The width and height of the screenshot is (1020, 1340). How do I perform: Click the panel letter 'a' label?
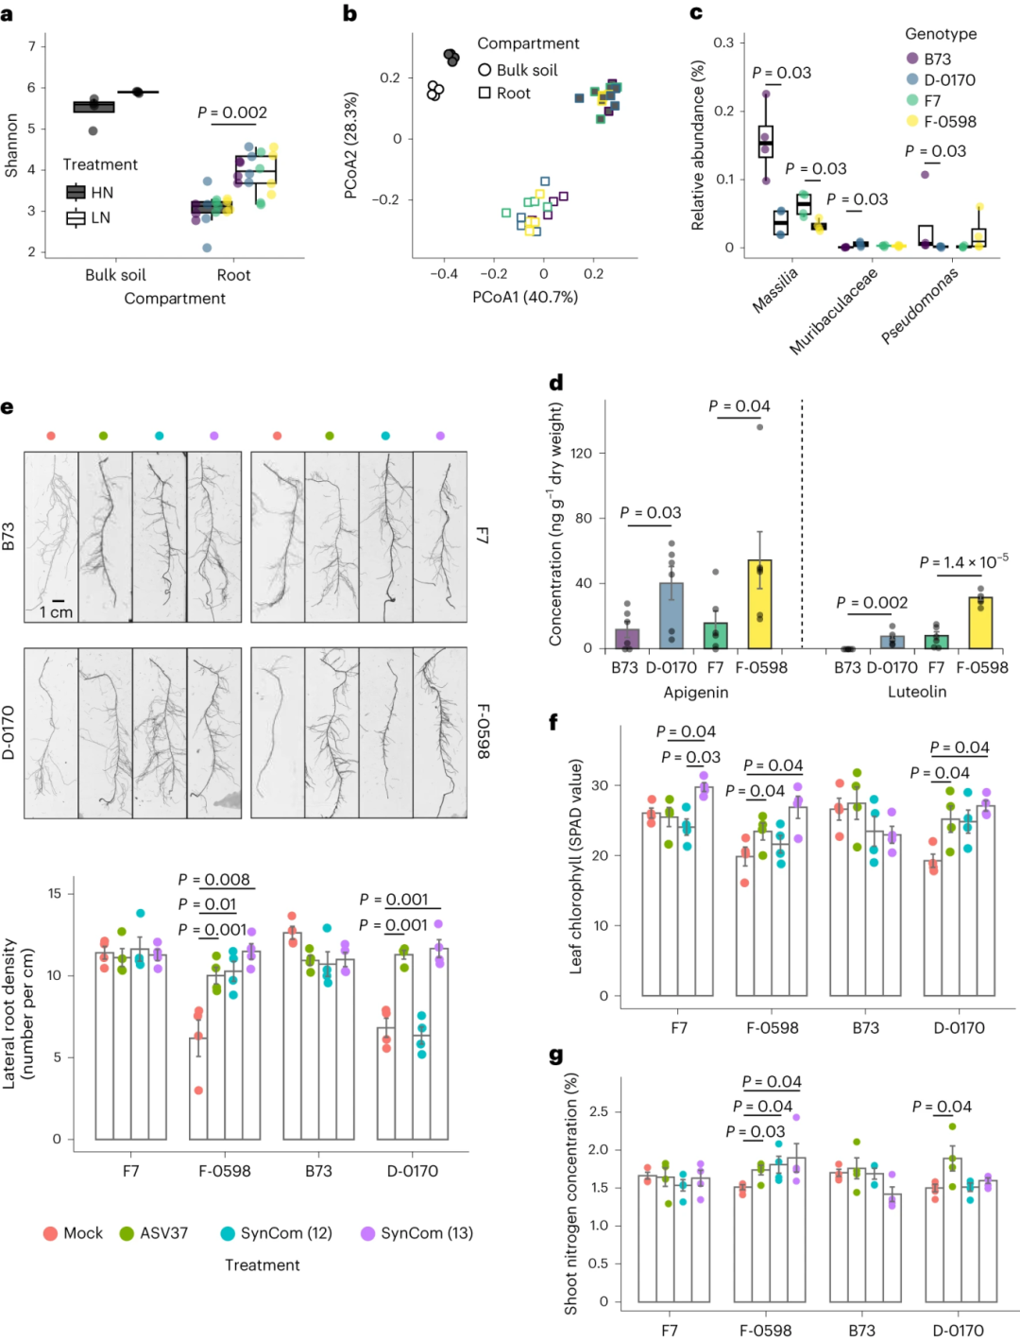pyautogui.click(x=8, y=15)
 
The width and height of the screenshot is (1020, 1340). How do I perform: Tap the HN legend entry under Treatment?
pyautogui.click(x=91, y=193)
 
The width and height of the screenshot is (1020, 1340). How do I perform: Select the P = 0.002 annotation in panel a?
pyautogui.click(x=232, y=112)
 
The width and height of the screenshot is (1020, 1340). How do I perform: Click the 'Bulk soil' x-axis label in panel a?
pyautogui.click(x=115, y=275)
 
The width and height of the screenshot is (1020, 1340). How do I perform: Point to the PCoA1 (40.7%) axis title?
pyautogui.click(x=525, y=297)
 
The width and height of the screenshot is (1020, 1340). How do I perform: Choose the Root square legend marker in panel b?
pyautogui.click(x=484, y=93)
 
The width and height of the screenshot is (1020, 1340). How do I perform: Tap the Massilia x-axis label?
pyautogui.click(x=775, y=289)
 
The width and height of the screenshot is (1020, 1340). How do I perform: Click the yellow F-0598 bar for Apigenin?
pyautogui.click(x=760, y=605)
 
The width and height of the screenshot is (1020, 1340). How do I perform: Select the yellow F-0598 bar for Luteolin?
pyautogui.click(x=980, y=623)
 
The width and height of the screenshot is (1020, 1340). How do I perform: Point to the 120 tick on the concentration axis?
pyautogui.click(x=582, y=454)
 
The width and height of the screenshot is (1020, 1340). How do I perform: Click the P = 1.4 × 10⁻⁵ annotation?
pyautogui.click(x=963, y=562)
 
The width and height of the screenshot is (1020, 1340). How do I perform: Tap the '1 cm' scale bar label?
pyautogui.click(x=56, y=612)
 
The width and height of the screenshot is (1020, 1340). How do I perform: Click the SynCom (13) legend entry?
pyautogui.click(x=416, y=1233)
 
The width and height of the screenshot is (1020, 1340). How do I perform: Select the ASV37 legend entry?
pyautogui.click(x=153, y=1233)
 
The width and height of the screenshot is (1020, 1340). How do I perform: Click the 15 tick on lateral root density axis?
pyautogui.click(x=55, y=893)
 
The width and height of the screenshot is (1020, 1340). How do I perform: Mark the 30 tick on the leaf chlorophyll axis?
pyautogui.click(x=600, y=785)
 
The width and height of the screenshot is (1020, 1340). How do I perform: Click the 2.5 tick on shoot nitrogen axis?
pyautogui.click(x=599, y=1111)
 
